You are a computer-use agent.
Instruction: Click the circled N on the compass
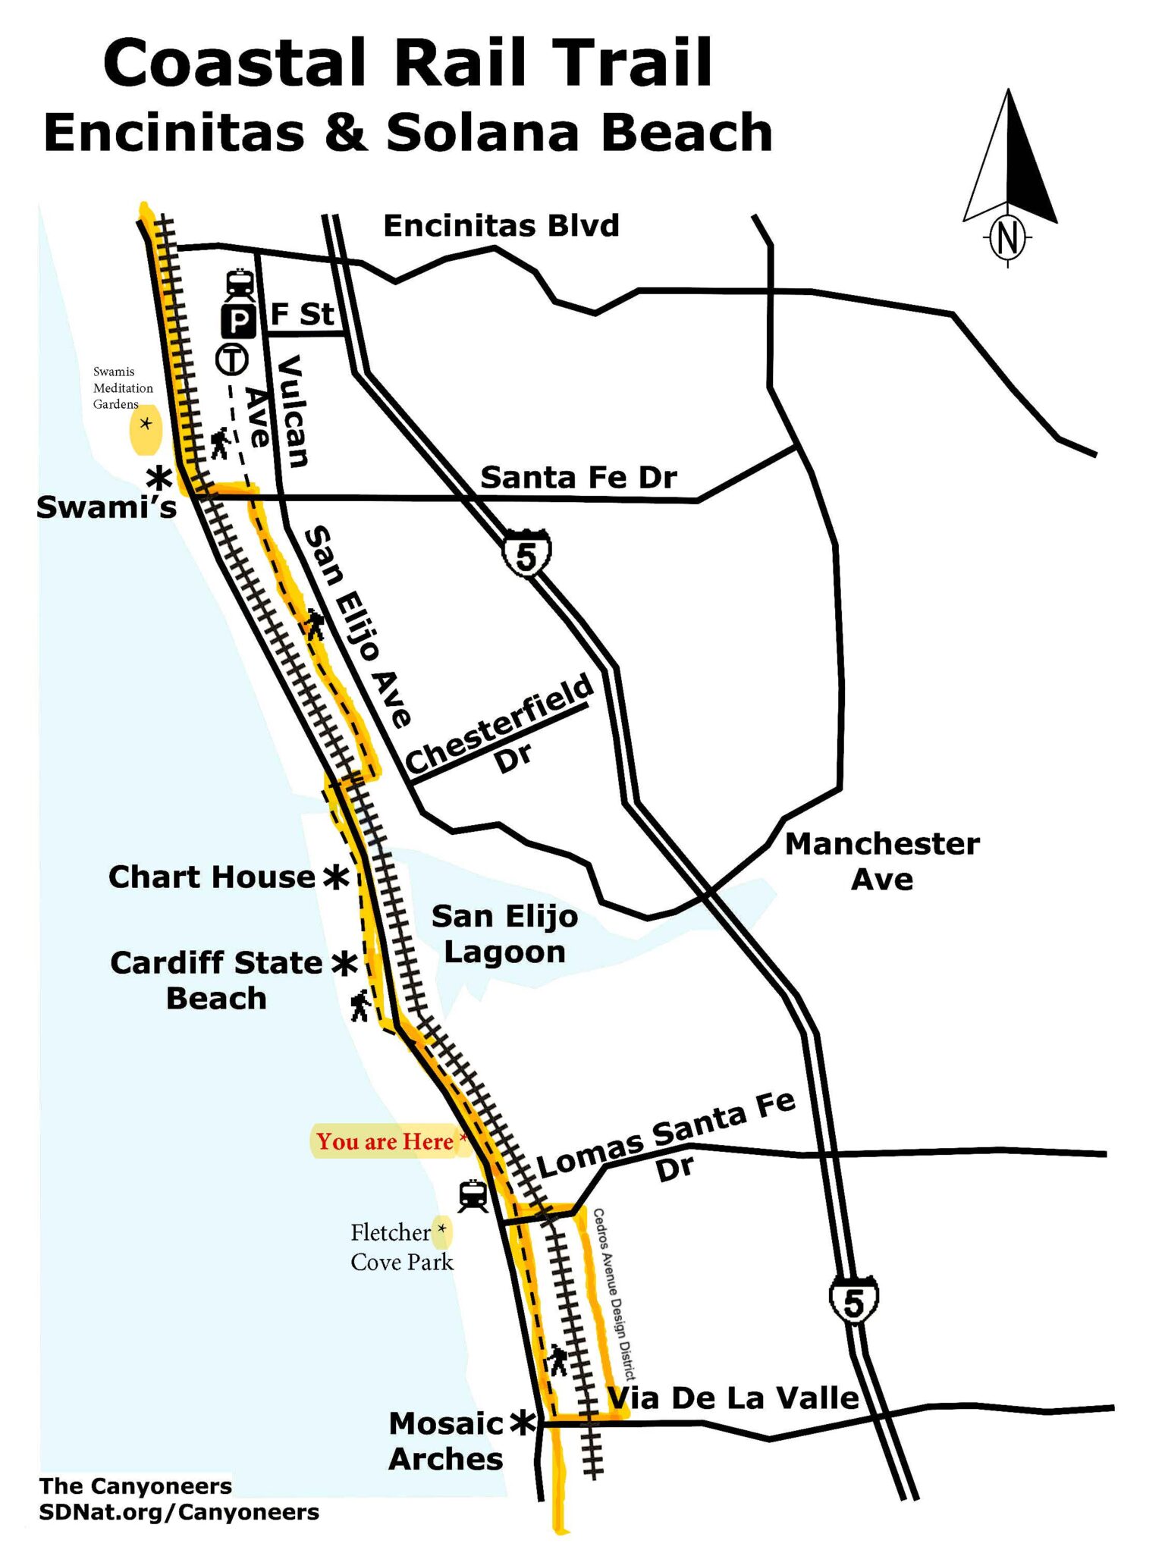point(1007,238)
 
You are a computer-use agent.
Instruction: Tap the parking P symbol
point(237,322)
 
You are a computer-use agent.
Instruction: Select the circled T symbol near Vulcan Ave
point(232,359)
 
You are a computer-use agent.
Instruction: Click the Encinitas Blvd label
point(501,226)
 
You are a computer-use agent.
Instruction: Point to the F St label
point(302,314)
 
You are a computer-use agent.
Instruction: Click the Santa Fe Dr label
point(579,478)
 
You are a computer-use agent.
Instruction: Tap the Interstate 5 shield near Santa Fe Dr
point(526,555)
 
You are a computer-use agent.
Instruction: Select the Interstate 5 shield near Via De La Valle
point(853,1301)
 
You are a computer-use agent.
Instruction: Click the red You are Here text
point(385,1141)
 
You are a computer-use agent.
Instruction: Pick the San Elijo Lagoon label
point(504,934)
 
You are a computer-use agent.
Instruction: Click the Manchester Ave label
point(882,861)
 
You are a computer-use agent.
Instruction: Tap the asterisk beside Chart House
point(336,877)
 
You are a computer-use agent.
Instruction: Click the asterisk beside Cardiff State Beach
point(344,964)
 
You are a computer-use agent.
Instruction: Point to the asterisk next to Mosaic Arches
point(523,1423)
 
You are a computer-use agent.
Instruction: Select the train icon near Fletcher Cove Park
point(473,1196)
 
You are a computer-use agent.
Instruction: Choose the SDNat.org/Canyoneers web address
point(179,1512)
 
